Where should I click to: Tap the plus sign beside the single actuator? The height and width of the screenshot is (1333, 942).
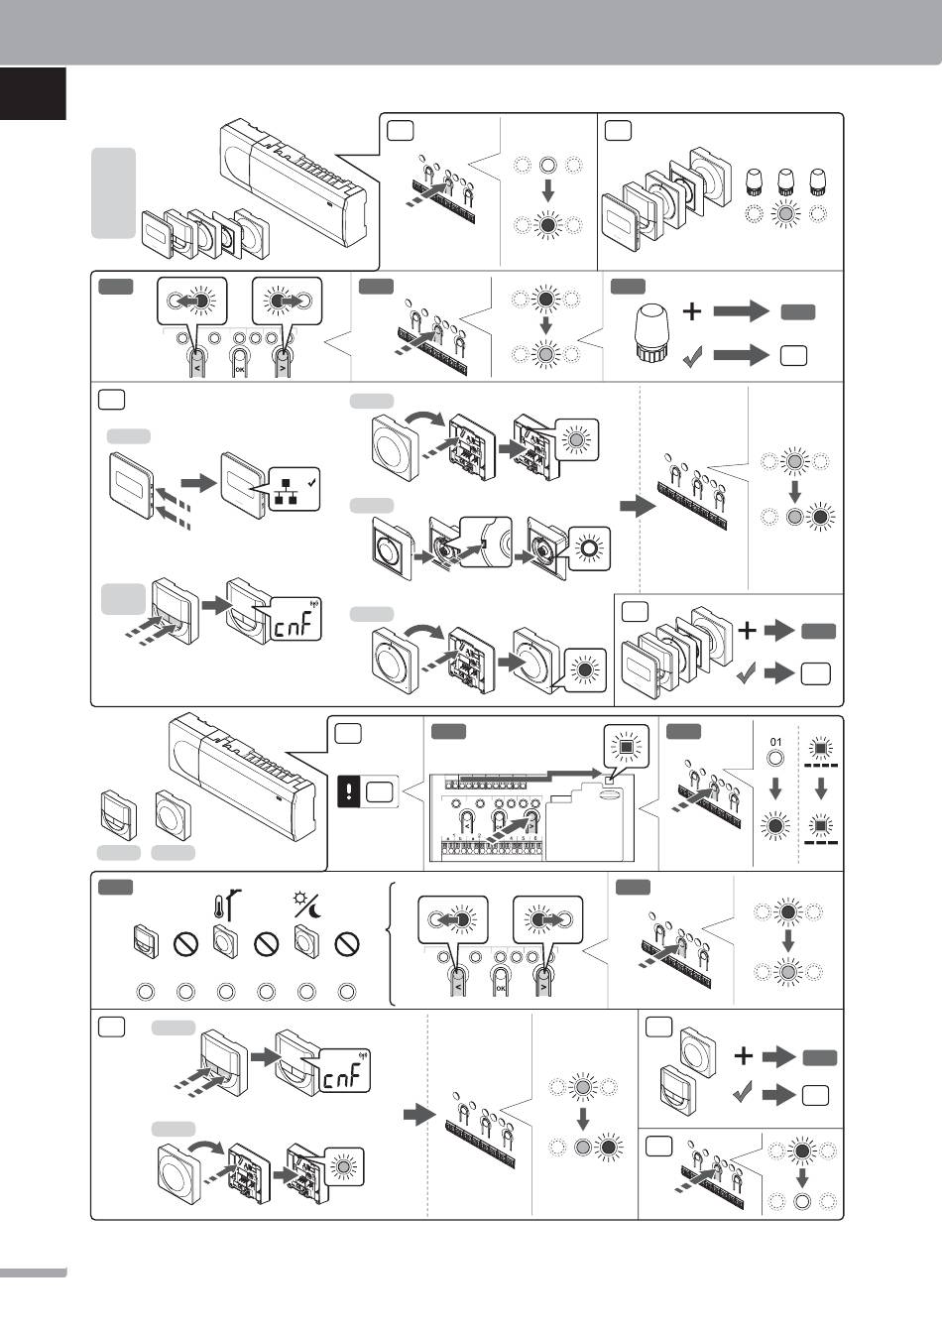point(692,312)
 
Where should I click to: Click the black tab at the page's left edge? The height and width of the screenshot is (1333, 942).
point(33,93)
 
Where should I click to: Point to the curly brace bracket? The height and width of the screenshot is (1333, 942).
point(397,942)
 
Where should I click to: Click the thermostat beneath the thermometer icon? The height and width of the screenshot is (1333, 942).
point(225,942)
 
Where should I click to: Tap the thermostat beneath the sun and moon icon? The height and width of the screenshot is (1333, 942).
point(305,942)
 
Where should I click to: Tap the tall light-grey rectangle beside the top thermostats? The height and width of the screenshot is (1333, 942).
point(113,193)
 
